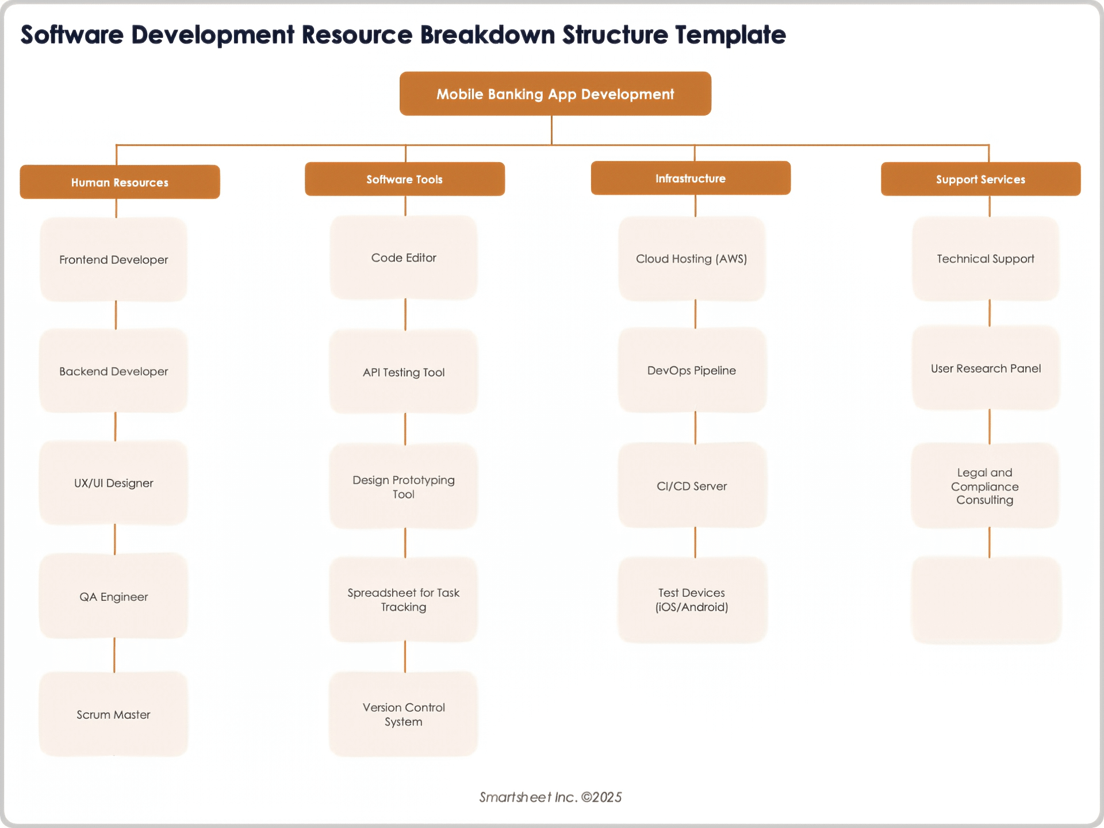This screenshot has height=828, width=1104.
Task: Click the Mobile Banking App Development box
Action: (555, 94)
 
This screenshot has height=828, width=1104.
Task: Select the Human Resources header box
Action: (120, 182)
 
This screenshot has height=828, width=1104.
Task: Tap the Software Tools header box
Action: (404, 179)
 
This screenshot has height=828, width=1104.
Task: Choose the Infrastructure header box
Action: (691, 178)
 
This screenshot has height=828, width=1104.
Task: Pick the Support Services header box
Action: (980, 179)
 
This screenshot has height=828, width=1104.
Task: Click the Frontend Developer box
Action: (114, 259)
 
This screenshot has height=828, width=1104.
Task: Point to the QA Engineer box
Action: (114, 596)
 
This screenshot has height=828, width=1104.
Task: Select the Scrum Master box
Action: (114, 714)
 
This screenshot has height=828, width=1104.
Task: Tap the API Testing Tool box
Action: (404, 372)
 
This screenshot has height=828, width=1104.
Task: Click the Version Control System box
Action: (404, 714)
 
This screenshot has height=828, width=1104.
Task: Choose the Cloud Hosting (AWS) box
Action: (692, 259)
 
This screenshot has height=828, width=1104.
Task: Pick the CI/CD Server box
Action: (692, 486)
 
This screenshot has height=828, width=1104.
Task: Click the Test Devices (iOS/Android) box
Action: (692, 600)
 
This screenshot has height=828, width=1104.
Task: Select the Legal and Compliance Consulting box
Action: (985, 486)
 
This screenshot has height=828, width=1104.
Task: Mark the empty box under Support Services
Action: (986, 600)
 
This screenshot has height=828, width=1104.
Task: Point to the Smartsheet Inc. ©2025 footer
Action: (550, 797)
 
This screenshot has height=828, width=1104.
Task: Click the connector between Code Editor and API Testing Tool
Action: (405, 315)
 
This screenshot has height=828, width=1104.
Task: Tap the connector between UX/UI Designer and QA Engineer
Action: (115, 539)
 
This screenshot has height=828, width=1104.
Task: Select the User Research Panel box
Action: (986, 369)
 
